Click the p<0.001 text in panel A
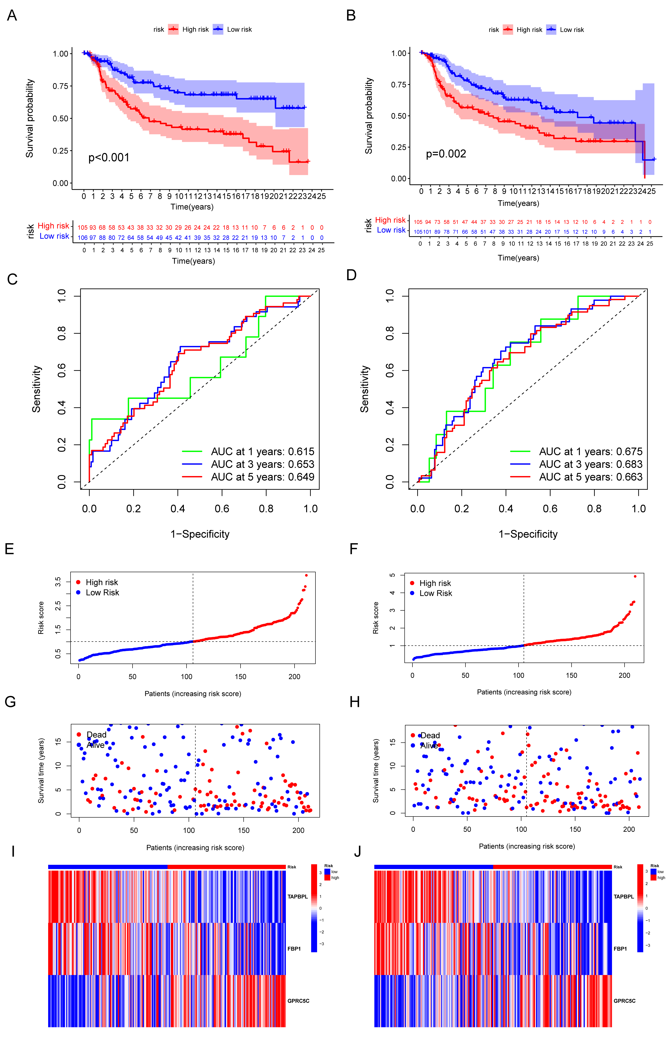coord(109,158)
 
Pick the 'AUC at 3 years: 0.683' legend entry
coord(590,464)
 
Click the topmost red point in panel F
coord(635,576)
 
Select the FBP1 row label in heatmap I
coord(294,949)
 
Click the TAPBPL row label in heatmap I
coord(298,897)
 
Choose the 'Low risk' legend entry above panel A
coord(239,30)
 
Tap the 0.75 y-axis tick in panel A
coord(60,86)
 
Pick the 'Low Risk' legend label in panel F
coord(436,593)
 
